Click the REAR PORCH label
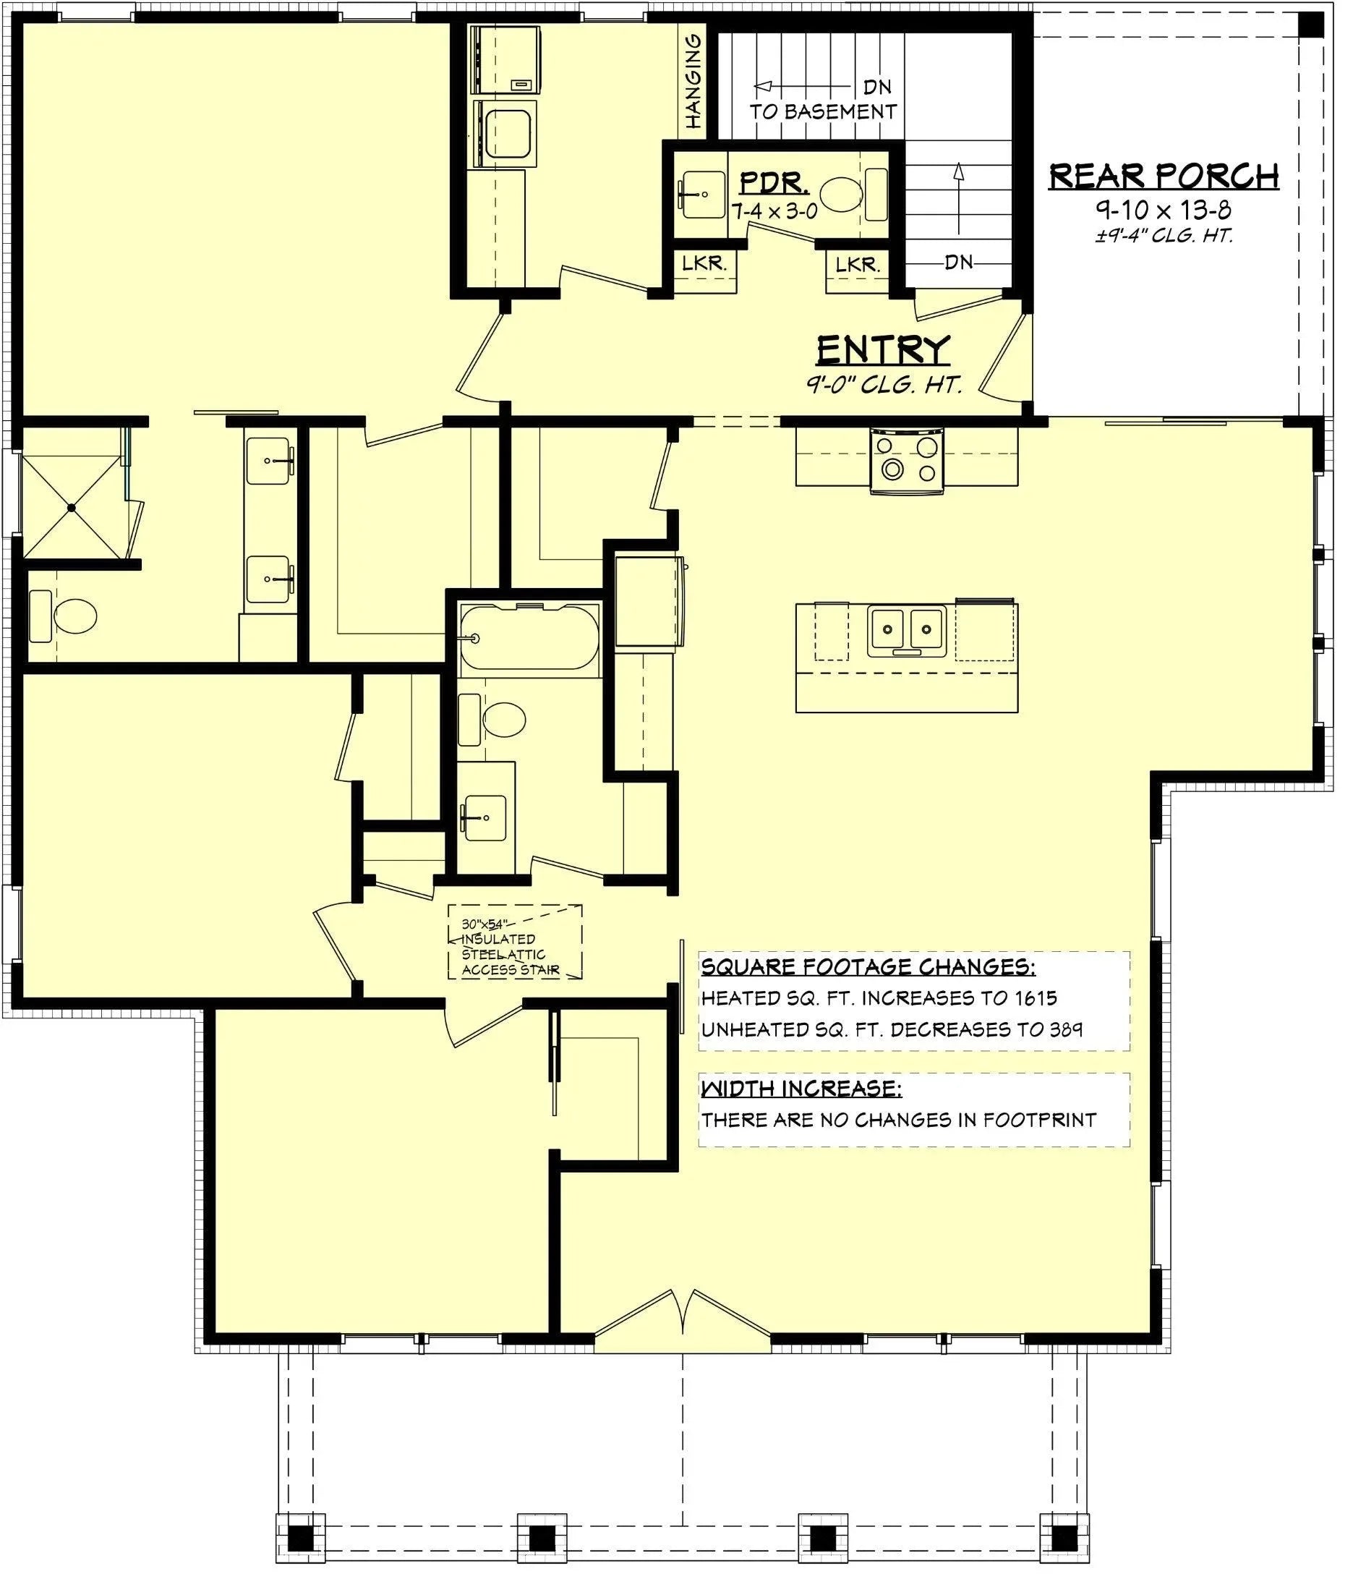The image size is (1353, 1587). [x=1162, y=176]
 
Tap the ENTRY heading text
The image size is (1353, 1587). [x=883, y=350]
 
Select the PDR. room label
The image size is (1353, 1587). [x=773, y=183]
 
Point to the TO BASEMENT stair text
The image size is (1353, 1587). [x=822, y=112]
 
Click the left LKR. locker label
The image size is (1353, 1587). [x=704, y=264]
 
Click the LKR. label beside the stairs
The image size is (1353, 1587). [x=858, y=265]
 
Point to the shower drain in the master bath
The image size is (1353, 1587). [x=71, y=507]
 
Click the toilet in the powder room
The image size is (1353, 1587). [x=841, y=195]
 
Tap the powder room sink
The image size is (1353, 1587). [x=701, y=195]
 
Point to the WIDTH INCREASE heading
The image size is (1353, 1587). [x=801, y=1089]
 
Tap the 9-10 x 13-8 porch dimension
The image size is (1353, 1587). [x=1162, y=209]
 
